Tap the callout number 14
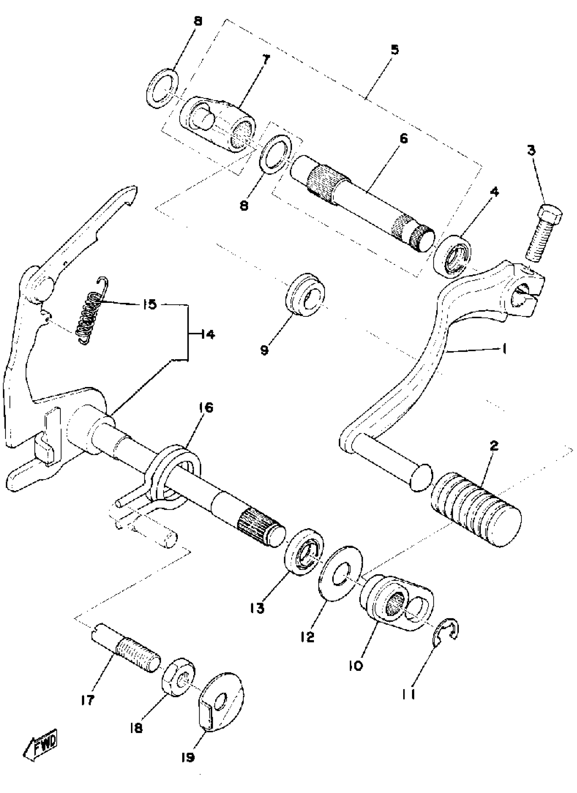point(208,335)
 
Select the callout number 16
point(206,408)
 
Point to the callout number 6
point(404,139)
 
